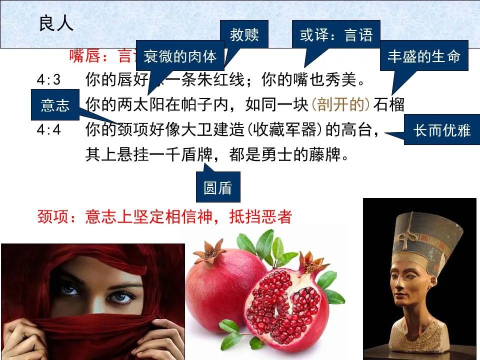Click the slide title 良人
coord(56,23)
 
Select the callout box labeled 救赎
coord(244,35)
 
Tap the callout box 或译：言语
coord(336,35)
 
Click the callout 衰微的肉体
coord(180,56)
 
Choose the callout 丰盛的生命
coord(424,56)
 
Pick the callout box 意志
coord(55,105)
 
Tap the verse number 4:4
coord(49,130)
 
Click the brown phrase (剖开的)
coord(341,105)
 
